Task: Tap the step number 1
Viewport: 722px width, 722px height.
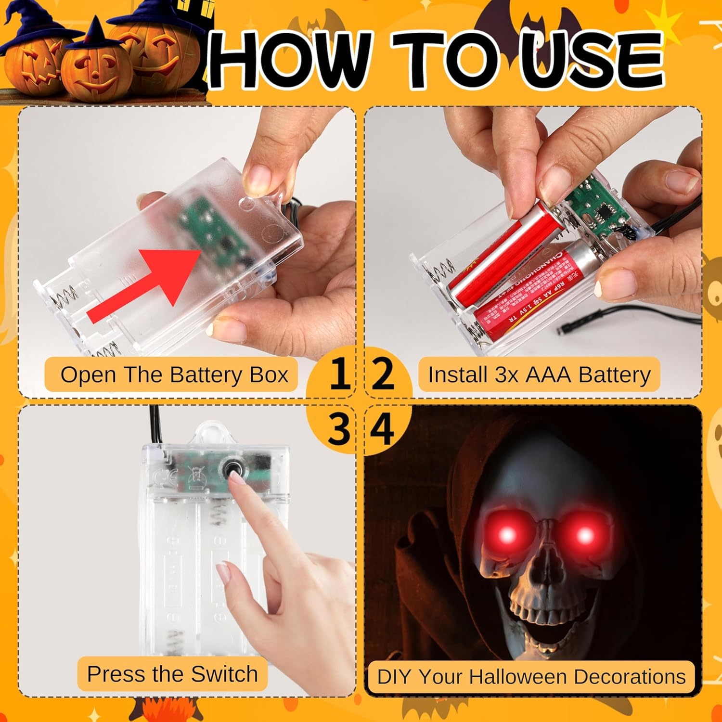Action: [339, 374]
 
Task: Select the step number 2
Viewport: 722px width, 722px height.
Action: [383, 374]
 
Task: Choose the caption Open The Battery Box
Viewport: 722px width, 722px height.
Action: [174, 375]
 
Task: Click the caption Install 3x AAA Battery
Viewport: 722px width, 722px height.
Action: [539, 375]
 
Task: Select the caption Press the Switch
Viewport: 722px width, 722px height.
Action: [172, 674]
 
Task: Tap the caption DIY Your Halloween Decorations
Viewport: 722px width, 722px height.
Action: [531, 677]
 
